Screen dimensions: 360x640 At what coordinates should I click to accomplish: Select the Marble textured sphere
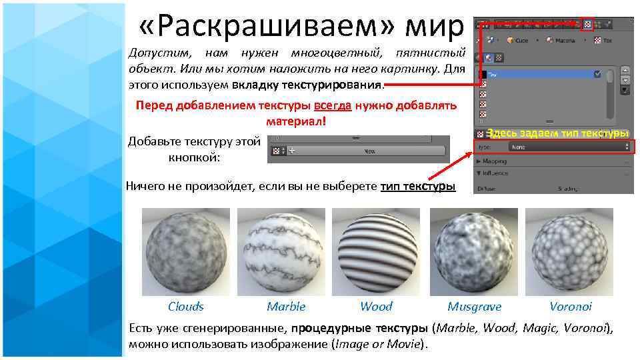click(281, 252)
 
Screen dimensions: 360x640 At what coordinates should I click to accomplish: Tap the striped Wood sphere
click(377, 252)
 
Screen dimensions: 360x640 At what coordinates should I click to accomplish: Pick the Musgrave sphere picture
click(474, 252)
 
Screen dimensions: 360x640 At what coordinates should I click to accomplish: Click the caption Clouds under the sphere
click(185, 307)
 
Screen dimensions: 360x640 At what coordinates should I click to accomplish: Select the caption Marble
click(286, 307)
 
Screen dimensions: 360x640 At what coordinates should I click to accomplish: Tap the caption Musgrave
click(474, 307)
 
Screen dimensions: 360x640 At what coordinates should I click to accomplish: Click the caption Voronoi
click(570, 307)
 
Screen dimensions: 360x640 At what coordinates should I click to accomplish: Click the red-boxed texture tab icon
click(587, 25)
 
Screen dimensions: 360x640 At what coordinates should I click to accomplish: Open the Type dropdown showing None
click(569, 146)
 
